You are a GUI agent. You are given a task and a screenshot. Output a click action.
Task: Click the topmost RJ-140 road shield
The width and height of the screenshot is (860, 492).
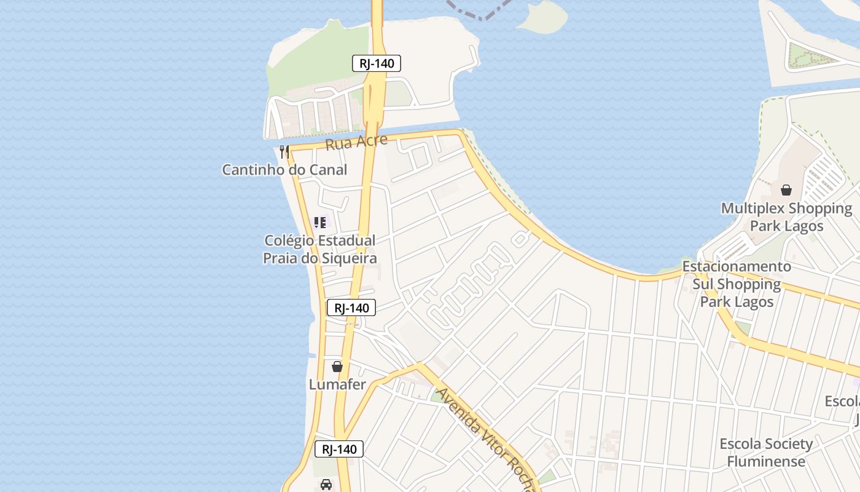[377, 63]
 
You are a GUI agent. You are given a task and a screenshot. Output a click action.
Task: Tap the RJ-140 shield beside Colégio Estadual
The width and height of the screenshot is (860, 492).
[351, 307]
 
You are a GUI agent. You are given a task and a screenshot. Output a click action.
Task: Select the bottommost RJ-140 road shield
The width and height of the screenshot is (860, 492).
[339, 449]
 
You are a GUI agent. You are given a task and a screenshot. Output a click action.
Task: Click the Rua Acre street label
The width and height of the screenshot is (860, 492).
[356, 142]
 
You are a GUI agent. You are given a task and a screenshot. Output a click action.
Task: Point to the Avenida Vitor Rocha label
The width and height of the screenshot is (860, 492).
[485, 439]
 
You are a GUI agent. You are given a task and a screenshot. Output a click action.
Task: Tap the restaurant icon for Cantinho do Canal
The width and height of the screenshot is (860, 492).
[284, 151]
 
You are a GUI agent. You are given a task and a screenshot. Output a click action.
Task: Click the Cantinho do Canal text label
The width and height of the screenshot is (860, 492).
[284, 170]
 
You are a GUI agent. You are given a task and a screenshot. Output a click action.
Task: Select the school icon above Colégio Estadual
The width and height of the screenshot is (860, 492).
[319, 222]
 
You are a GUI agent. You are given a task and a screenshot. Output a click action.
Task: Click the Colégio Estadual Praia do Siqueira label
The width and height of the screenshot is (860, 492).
[319, 249]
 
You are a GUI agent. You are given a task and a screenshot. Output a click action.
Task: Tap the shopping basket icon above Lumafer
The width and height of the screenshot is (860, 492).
[337, 367]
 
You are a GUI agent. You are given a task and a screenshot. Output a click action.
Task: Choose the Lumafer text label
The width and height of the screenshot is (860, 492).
[337, 385]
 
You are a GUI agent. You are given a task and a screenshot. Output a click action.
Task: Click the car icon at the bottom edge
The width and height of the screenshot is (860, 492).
[326, 484]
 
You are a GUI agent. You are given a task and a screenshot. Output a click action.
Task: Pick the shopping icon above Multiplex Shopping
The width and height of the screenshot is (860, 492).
[786, 190]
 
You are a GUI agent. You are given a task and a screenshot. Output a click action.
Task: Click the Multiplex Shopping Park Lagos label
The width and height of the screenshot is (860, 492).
[786, 217]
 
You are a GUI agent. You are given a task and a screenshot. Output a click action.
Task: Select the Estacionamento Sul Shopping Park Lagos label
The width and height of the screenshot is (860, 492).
[737, 284]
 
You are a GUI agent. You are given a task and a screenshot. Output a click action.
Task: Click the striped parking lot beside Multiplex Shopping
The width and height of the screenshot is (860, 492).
[823, 175]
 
